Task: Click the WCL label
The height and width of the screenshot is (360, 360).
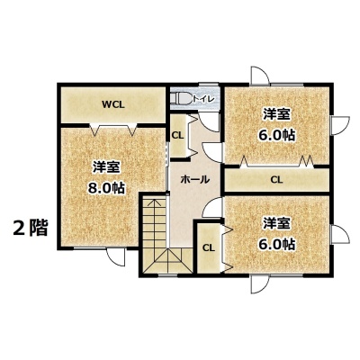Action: click(112, 104)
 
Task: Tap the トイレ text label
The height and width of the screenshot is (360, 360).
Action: click(203, 99)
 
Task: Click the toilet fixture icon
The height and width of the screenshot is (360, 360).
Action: click(181, 99)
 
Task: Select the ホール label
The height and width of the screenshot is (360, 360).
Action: click(194, 179)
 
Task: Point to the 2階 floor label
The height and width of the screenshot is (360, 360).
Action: click(30, 229)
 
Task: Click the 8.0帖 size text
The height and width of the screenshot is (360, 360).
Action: click(106, 188)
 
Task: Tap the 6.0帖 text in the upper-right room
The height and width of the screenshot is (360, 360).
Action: click(277, 135)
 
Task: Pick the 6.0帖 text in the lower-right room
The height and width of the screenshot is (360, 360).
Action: click(277, 245)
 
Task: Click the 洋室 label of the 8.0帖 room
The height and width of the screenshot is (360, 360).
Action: click(106, 167)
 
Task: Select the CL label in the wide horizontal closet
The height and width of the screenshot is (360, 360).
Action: click(276, 180)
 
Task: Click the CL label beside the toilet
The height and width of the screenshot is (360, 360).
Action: click(177, 135)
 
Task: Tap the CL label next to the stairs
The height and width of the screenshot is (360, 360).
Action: click(209, 247)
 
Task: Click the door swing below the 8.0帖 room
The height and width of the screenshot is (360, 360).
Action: click(116, 257)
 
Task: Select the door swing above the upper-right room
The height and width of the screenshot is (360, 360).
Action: click(260, 75)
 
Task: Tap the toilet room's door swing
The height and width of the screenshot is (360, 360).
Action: click(210, 122)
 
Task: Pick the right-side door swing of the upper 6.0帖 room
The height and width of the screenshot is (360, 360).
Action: click(340, 125)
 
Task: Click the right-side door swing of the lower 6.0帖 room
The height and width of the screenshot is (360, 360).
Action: click(340, 234)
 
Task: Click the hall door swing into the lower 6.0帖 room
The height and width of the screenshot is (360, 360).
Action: click(212, 207)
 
